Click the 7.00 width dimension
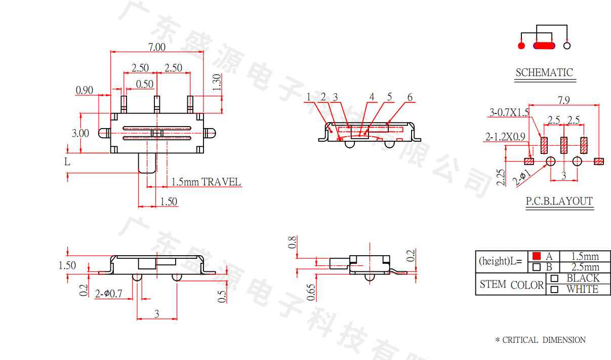(x=156, y=47)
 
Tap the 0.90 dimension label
(x=85, y=90)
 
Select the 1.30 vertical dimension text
(x=217, y=82)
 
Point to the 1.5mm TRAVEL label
(x=206, y=182)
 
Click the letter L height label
(x=67, y=162)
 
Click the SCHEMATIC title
(x=544, y=73)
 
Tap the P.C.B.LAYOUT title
(x=559, y=201)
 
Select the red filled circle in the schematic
(x=521, y=46)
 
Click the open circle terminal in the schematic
(x=567, y=46)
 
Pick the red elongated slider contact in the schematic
(x=544, y=46)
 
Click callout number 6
(x=410, y=97)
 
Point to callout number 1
(x=308, y=97)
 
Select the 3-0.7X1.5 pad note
(x=509, y=112)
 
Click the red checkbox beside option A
(x=537, y=256)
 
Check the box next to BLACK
(x=554, y=278)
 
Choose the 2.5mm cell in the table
(x=585, y=267)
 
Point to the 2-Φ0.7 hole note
(x=109, y=293)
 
